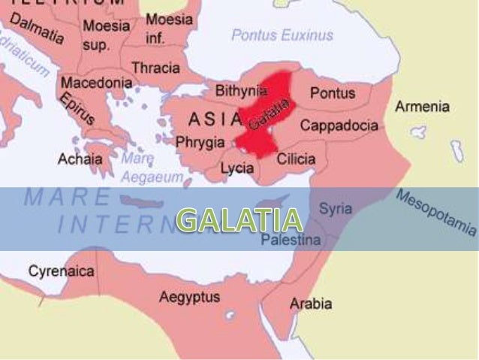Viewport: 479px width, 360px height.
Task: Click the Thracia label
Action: (155, 68)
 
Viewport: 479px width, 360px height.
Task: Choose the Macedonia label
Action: (97, 83)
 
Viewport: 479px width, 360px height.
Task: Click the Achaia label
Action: (80, 159)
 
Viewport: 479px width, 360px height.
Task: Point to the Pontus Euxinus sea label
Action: (282, 35)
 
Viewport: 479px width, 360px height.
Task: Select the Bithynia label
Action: (241, 90)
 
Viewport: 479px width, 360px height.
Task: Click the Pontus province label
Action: (333, 93)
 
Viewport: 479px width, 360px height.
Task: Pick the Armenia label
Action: (422, 106)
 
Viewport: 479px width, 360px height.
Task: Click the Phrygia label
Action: (200, 141)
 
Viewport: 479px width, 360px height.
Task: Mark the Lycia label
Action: (237, 168)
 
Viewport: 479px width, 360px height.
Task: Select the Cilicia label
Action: (296, 159)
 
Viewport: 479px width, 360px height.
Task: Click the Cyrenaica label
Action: (62, 271)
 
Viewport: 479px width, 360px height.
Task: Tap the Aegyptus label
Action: (189, 297)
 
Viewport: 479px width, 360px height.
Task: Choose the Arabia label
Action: (311, 304)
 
